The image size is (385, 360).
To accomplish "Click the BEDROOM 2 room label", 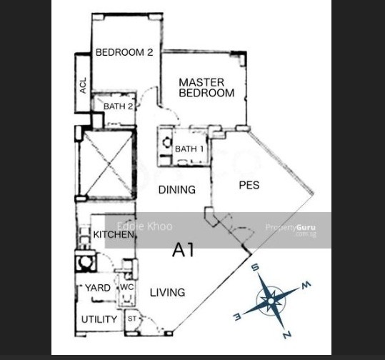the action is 124,52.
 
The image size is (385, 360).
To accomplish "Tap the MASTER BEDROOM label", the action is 206,88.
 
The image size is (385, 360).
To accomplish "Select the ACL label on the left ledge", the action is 84,86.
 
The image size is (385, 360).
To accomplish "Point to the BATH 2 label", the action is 118,106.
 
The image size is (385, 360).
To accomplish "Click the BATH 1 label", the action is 189,149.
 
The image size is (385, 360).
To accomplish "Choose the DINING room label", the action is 177,190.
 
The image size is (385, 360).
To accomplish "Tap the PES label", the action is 249,185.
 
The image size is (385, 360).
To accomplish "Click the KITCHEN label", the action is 114,234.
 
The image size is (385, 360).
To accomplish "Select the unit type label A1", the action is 183,250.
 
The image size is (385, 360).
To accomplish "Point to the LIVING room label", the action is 167,292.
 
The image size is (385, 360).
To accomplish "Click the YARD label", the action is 98,288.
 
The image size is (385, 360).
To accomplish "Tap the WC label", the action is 127,287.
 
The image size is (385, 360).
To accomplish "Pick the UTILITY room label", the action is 99,319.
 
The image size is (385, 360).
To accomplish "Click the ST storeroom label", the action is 132,319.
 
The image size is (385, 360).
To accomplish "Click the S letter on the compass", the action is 256,267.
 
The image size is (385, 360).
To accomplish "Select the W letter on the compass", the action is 306,284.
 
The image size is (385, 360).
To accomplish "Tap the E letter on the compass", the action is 237,316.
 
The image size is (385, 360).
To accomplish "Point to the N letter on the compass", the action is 287,335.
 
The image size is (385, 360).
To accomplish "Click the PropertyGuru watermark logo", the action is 291,230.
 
